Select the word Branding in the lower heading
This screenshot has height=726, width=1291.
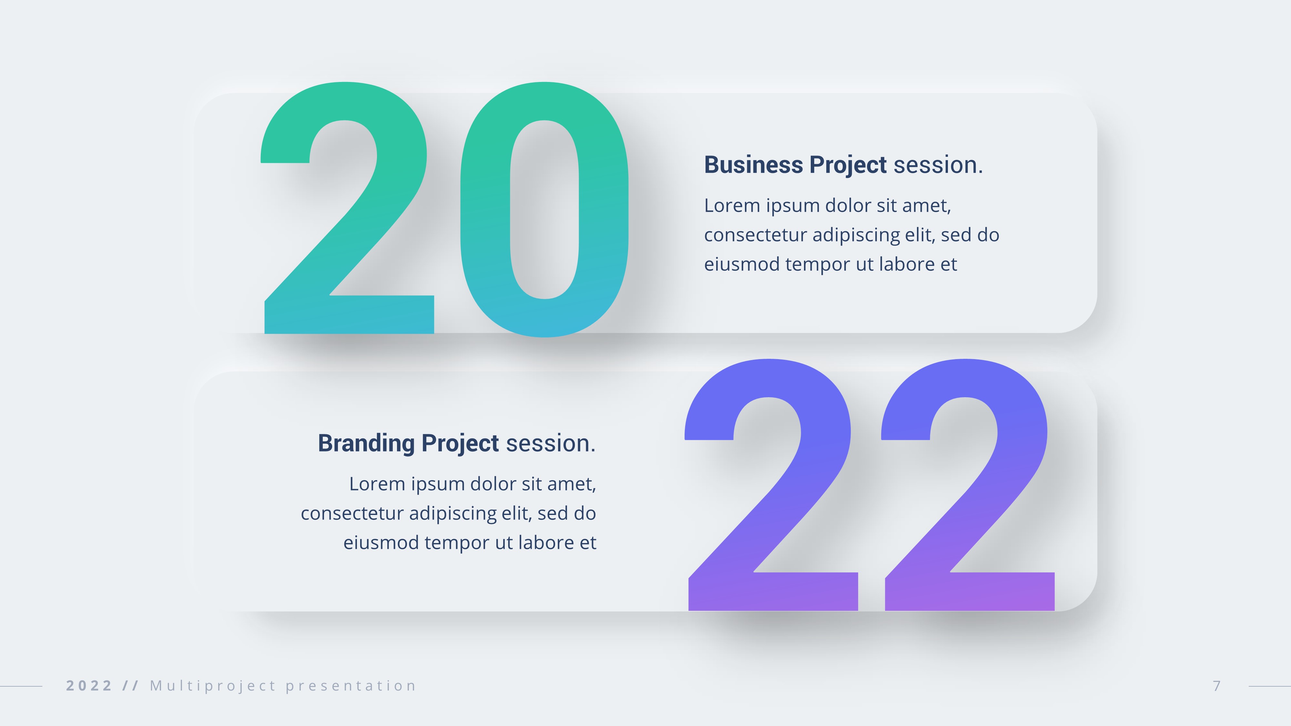pos(366,443)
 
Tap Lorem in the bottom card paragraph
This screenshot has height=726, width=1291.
pos(377,484)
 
